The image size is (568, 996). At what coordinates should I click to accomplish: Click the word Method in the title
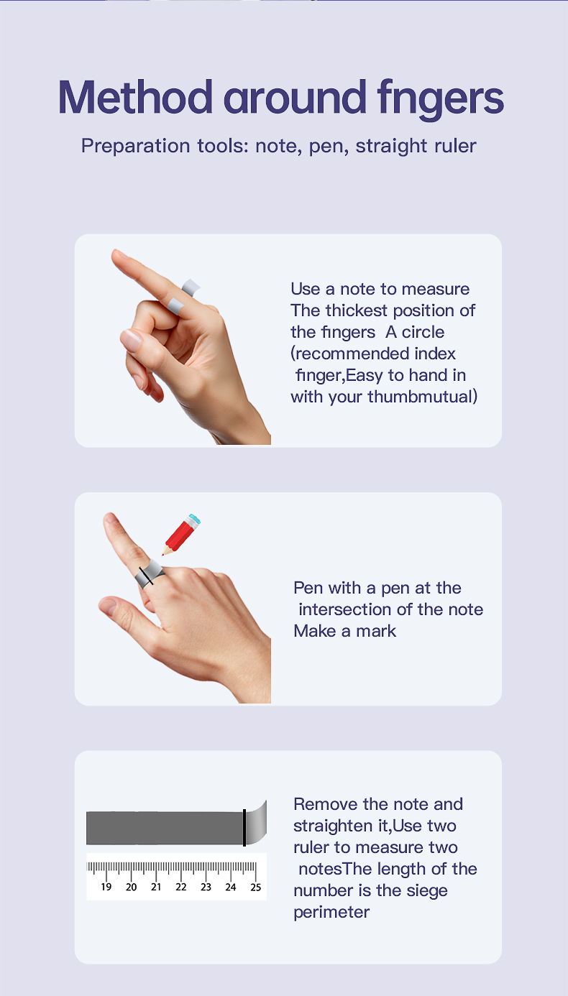pyautogui.click(x=135, y=97)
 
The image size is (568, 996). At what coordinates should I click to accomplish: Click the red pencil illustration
pyautogui.click(x=181, y=534)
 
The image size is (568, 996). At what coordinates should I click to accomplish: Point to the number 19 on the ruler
pyautogui.click(x=106, y=887)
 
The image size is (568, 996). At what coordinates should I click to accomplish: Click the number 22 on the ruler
pyautogui.click(x=181, y=887)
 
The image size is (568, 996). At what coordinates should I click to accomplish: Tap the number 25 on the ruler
pyautogui.click(x=256, y=887)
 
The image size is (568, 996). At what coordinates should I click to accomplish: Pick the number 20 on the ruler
pyautogui.click(x=131, y=887)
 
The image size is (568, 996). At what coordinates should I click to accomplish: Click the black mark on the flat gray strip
pyautogui.click(x=244, y=827)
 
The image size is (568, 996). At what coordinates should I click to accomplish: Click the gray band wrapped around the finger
pyautogui.click(x=150, y=574)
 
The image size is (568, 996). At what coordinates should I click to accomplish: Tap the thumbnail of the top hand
pyautogui.click(x=131, y=341)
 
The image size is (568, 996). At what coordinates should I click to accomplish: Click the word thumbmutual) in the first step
pyautogui.click(x=423, y=397)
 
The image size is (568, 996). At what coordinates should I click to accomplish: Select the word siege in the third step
pyautogui.click(x=426, y=891)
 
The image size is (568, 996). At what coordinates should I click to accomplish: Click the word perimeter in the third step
pyautogui.click(x=331, y=913)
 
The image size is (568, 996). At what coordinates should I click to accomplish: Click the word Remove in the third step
pyautogui.click(x=326, y=804)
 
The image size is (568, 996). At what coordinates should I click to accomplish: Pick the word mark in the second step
pyautogui.click(x=376, y=631)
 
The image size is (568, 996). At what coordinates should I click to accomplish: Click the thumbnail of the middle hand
pyautogui.click(x=108, y=607)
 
